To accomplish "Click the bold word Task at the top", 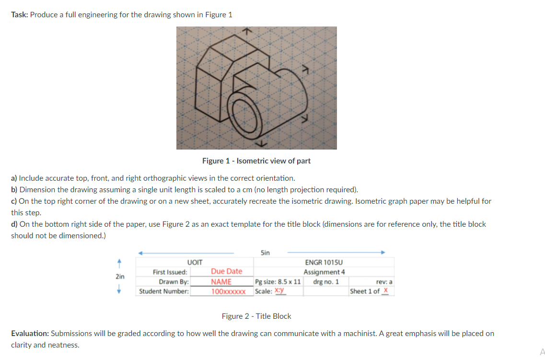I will point(20,14).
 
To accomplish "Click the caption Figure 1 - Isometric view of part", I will point(256,161).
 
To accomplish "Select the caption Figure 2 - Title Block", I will point(256,316).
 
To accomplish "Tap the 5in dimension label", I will point(265,252).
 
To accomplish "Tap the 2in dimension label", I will point(120,277).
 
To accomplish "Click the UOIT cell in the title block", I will point(195,262).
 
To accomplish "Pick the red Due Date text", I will point(226,271).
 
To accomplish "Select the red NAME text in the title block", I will point(221,282).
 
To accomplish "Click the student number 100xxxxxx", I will point(228,291).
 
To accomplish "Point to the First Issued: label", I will point(170,272).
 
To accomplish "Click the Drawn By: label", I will point(174,282).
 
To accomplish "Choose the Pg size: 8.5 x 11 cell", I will point(278,282).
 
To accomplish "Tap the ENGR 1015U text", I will point(324,262).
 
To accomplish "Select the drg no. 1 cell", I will point(326,282).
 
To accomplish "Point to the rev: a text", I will point(385,282).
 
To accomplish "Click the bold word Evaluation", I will point(29,333).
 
